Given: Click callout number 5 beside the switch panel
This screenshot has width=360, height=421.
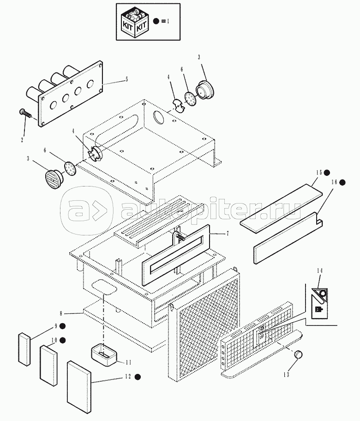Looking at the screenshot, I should [126, 79].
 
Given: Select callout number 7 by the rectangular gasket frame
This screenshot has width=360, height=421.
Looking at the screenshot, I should [227, 234].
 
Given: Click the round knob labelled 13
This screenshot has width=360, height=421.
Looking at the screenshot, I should [298, 355].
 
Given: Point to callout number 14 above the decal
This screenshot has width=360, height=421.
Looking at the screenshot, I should [320, 271].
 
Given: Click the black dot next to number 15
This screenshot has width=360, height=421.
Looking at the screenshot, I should [327, 173].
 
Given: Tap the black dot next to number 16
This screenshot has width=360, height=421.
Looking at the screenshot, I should [342, 182].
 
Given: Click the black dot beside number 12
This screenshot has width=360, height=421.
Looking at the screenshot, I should [138, 377].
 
